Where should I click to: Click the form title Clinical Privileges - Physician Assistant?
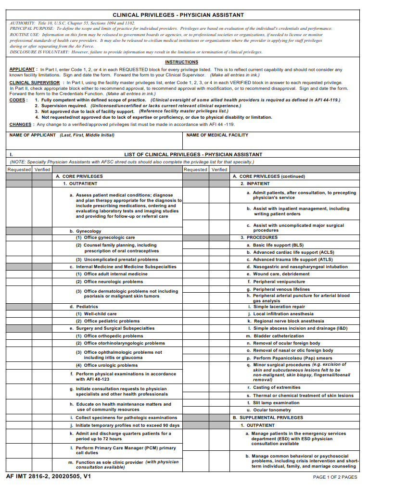pos(178,15)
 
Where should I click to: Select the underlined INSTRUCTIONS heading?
pos(181,62)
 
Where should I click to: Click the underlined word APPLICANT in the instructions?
pos(22,70)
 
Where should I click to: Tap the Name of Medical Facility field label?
pos(217,135)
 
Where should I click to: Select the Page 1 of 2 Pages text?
pos(335,477)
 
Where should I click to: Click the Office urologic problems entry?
pos(110,365)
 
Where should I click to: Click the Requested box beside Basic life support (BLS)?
pos(195,245)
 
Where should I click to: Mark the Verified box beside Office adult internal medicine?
pos(42,274)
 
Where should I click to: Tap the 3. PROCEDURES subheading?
pos(259,237)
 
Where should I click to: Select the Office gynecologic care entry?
pos(109,237)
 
